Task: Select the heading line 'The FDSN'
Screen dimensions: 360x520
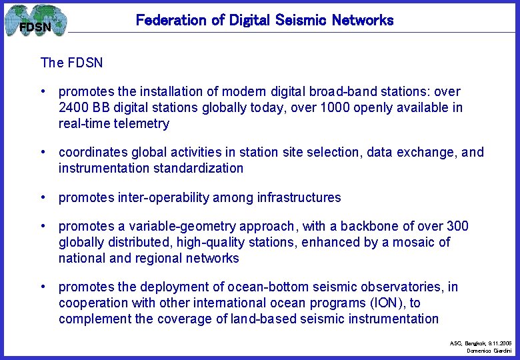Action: [x=71, y=63]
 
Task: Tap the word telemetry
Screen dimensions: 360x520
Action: [x=143, y=123]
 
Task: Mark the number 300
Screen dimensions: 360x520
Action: [x=457, y=226]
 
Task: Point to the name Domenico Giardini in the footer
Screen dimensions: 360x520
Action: [x=489, y=350]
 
